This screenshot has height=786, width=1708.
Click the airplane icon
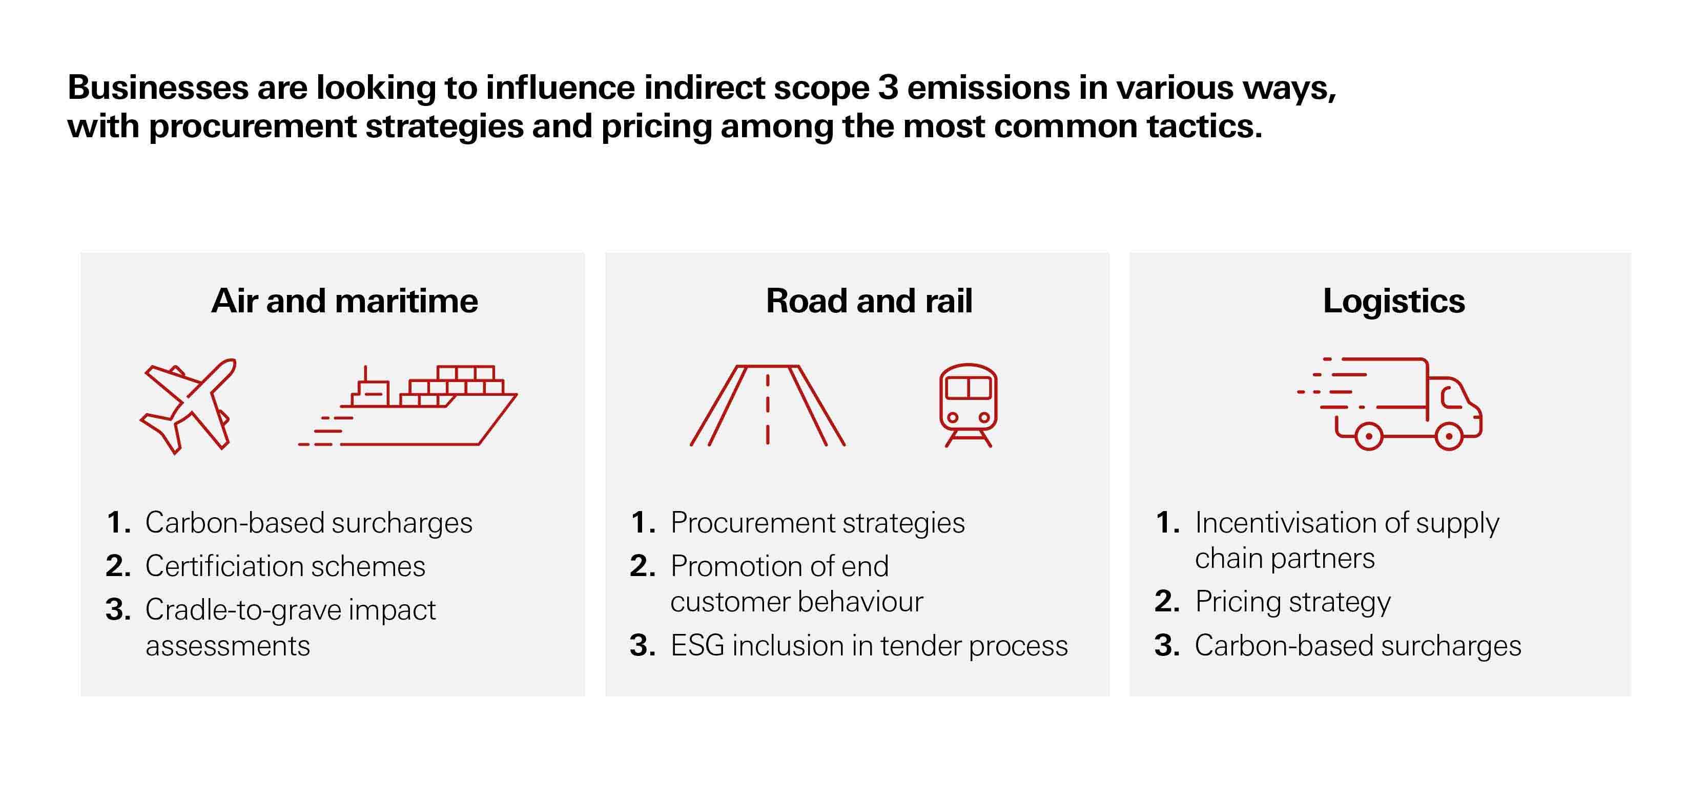[x=188, y=405]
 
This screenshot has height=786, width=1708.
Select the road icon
[x=767, y=405]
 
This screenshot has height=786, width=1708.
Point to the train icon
[x=968, y=405]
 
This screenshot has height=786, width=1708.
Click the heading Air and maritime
[x=344, y=301]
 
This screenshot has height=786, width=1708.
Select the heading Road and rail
[x=869, y=301]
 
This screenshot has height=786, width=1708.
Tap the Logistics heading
[x=1394, y=301]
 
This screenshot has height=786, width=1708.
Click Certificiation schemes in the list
[x=285, y=566]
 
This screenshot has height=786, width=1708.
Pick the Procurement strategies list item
[x=817, y=522]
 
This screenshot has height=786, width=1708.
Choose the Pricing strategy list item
[x=1292, y=602]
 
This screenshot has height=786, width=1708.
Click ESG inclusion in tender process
[x=869, y=646]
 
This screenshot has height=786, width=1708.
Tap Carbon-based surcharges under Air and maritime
[x=308, y=522]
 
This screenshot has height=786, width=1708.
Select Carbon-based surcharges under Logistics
[x=1357, y=646]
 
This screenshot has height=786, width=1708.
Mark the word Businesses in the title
[x=158, y=88]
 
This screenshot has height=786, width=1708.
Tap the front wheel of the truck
[x=1449, y=436]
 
